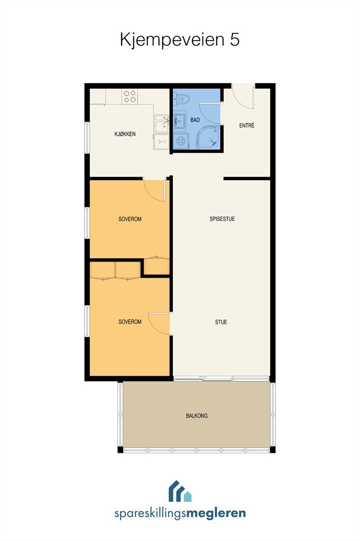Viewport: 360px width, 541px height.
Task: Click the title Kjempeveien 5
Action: click(x=180, y=40)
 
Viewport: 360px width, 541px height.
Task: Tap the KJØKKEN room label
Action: click(x=125, y=134)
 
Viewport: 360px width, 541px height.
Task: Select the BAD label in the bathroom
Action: click(x=195, y=120)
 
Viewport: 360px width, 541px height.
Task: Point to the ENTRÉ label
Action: click(x=247, y=125)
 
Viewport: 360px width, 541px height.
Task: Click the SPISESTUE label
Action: click(x=222, y=219)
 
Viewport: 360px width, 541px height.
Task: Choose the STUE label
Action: click(x=221, y=322)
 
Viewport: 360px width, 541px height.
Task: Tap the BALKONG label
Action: click(x=197, y=416)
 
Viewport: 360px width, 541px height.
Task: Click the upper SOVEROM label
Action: click(x=130, y=219)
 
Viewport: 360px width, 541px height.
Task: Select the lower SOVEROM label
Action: click(x=130, y=322)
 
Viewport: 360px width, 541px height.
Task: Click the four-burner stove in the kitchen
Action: click(x=130, y=96)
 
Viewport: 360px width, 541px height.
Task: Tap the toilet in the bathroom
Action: click(x=182, y=99)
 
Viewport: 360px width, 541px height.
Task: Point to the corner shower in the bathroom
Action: click(x=208, y=137)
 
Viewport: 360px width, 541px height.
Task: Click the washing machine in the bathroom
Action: click(x=180, y=141)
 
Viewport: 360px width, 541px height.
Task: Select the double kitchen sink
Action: click(x=162, y=124)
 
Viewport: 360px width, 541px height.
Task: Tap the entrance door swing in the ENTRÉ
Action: click(x=243, y=97)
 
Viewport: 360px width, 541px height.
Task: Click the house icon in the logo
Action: click(x=180, y=491)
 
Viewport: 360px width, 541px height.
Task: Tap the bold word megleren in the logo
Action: click(x=216, y=513)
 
